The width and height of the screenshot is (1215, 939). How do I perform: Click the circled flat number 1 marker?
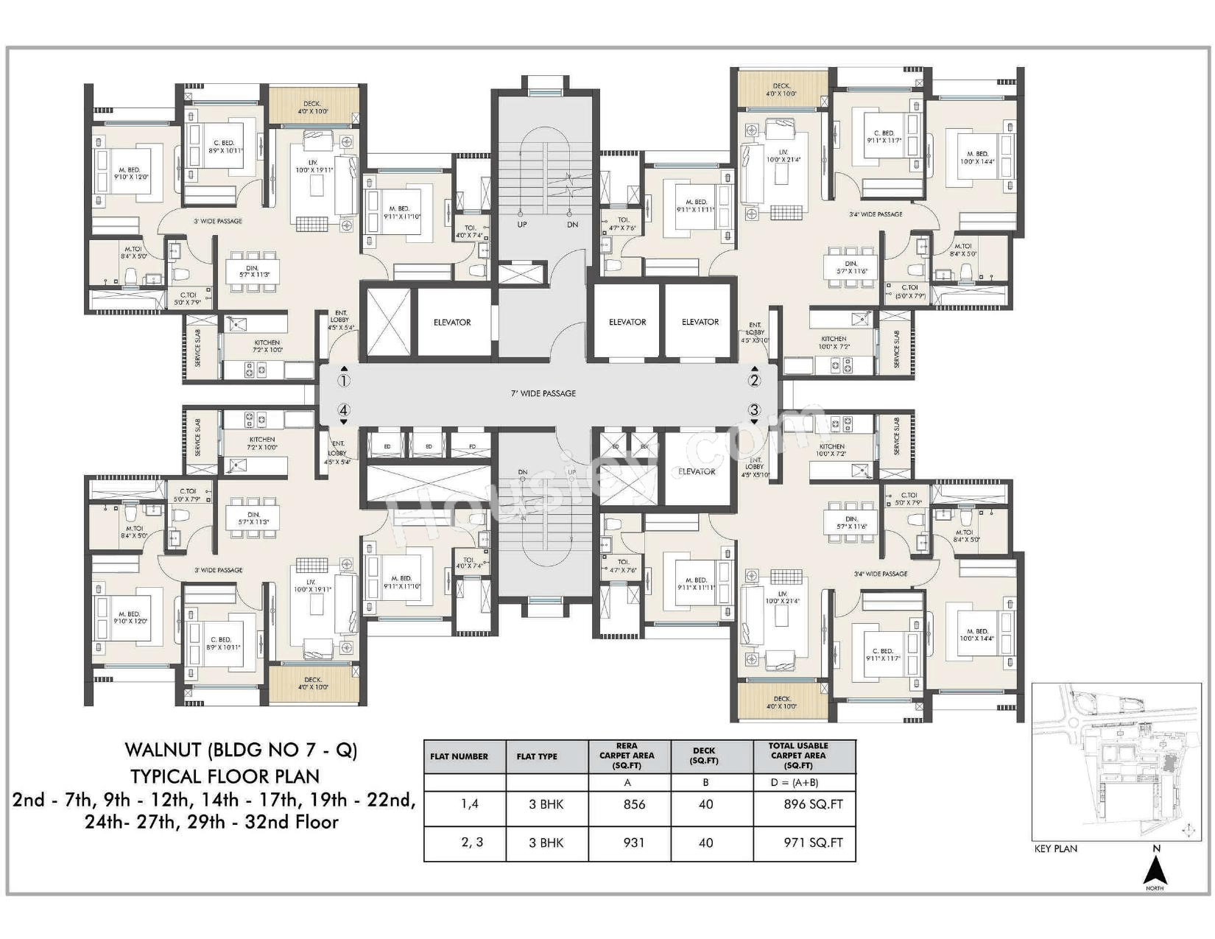pos(344,381)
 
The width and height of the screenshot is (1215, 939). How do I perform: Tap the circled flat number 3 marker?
pos(754,410)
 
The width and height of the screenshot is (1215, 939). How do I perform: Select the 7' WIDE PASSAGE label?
pos(543,393)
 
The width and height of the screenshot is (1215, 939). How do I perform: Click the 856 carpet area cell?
pos(634,804)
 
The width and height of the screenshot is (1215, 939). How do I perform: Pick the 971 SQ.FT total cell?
pos(813,843)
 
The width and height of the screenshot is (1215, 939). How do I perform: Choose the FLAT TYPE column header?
pos(537,756)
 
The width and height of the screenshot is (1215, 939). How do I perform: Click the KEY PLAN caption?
pos(1055,848)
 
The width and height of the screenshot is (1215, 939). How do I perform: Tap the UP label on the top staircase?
pos(522,225)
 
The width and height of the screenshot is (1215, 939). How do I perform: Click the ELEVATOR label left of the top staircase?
pos(452,323)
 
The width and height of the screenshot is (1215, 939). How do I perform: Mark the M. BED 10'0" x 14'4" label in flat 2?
pos(977,158)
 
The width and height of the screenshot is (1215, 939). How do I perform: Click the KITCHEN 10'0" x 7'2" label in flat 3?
pos(832,450)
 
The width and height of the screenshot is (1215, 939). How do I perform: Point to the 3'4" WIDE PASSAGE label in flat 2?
pos(876,214)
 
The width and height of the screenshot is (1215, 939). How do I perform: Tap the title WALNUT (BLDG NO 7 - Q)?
pos(241,750)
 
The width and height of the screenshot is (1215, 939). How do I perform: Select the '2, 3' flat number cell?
pos(472,843)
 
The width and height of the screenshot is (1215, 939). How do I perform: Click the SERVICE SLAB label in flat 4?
pos(198,437)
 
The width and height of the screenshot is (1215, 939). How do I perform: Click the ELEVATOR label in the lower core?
pos(697,471)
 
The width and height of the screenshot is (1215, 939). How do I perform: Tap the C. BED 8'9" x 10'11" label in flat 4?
pos(220,643)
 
